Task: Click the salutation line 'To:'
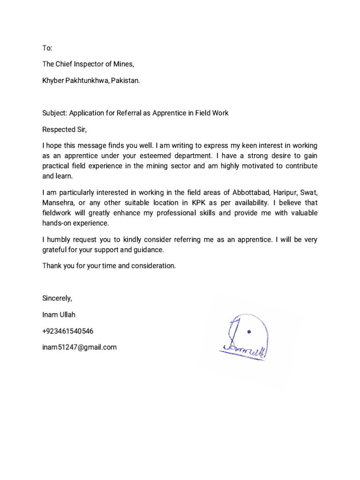click(x=47, y=48)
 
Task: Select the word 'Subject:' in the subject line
click(x=55, y=113)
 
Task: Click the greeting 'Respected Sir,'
click(x=65, y=130)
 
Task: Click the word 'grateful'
click(x=55, y=250)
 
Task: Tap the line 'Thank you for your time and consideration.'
click(x=109, y=266)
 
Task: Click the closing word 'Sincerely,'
click(x=57, y=298)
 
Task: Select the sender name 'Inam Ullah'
click(x=59, y=315)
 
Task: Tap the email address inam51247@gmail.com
click(x=79, y=347)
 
